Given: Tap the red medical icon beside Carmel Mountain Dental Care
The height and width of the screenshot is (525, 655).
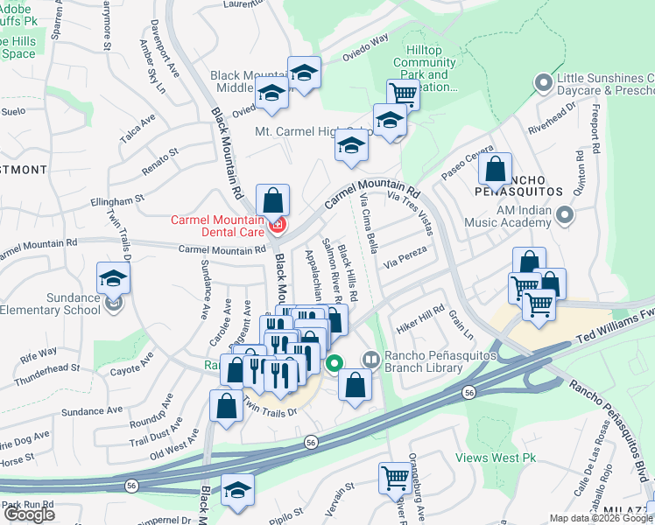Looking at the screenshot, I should (x=278, y=227).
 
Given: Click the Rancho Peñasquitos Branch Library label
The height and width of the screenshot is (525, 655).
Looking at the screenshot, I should (x=430, y=362).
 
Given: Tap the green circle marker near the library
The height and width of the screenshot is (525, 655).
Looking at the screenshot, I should (x=334, y=363).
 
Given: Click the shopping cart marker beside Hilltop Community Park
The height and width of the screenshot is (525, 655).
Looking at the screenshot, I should (x=403, y=93).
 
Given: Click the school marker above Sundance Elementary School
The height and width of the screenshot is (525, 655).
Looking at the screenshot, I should (x=113, y=278).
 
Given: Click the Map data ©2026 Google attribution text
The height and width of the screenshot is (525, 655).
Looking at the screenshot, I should (x=601, y=518).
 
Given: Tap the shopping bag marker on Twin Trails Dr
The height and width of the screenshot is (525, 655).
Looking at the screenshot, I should (x=226, y=405).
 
